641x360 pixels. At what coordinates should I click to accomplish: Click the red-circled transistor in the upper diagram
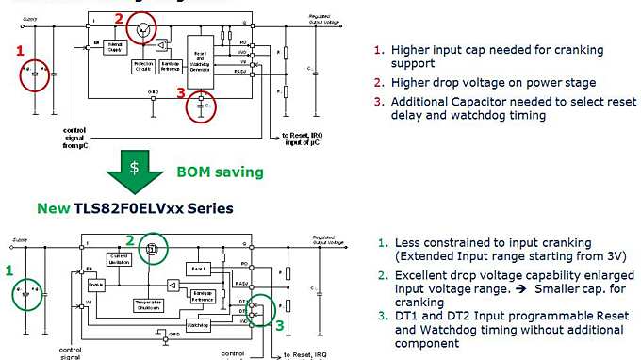click(x=142, y=31)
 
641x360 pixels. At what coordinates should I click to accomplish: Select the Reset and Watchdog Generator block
click(x=202, y=58)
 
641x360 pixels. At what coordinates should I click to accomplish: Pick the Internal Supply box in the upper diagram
click(x=119, y=46)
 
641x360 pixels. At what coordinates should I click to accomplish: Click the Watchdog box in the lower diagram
click(x=197, y=323)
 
